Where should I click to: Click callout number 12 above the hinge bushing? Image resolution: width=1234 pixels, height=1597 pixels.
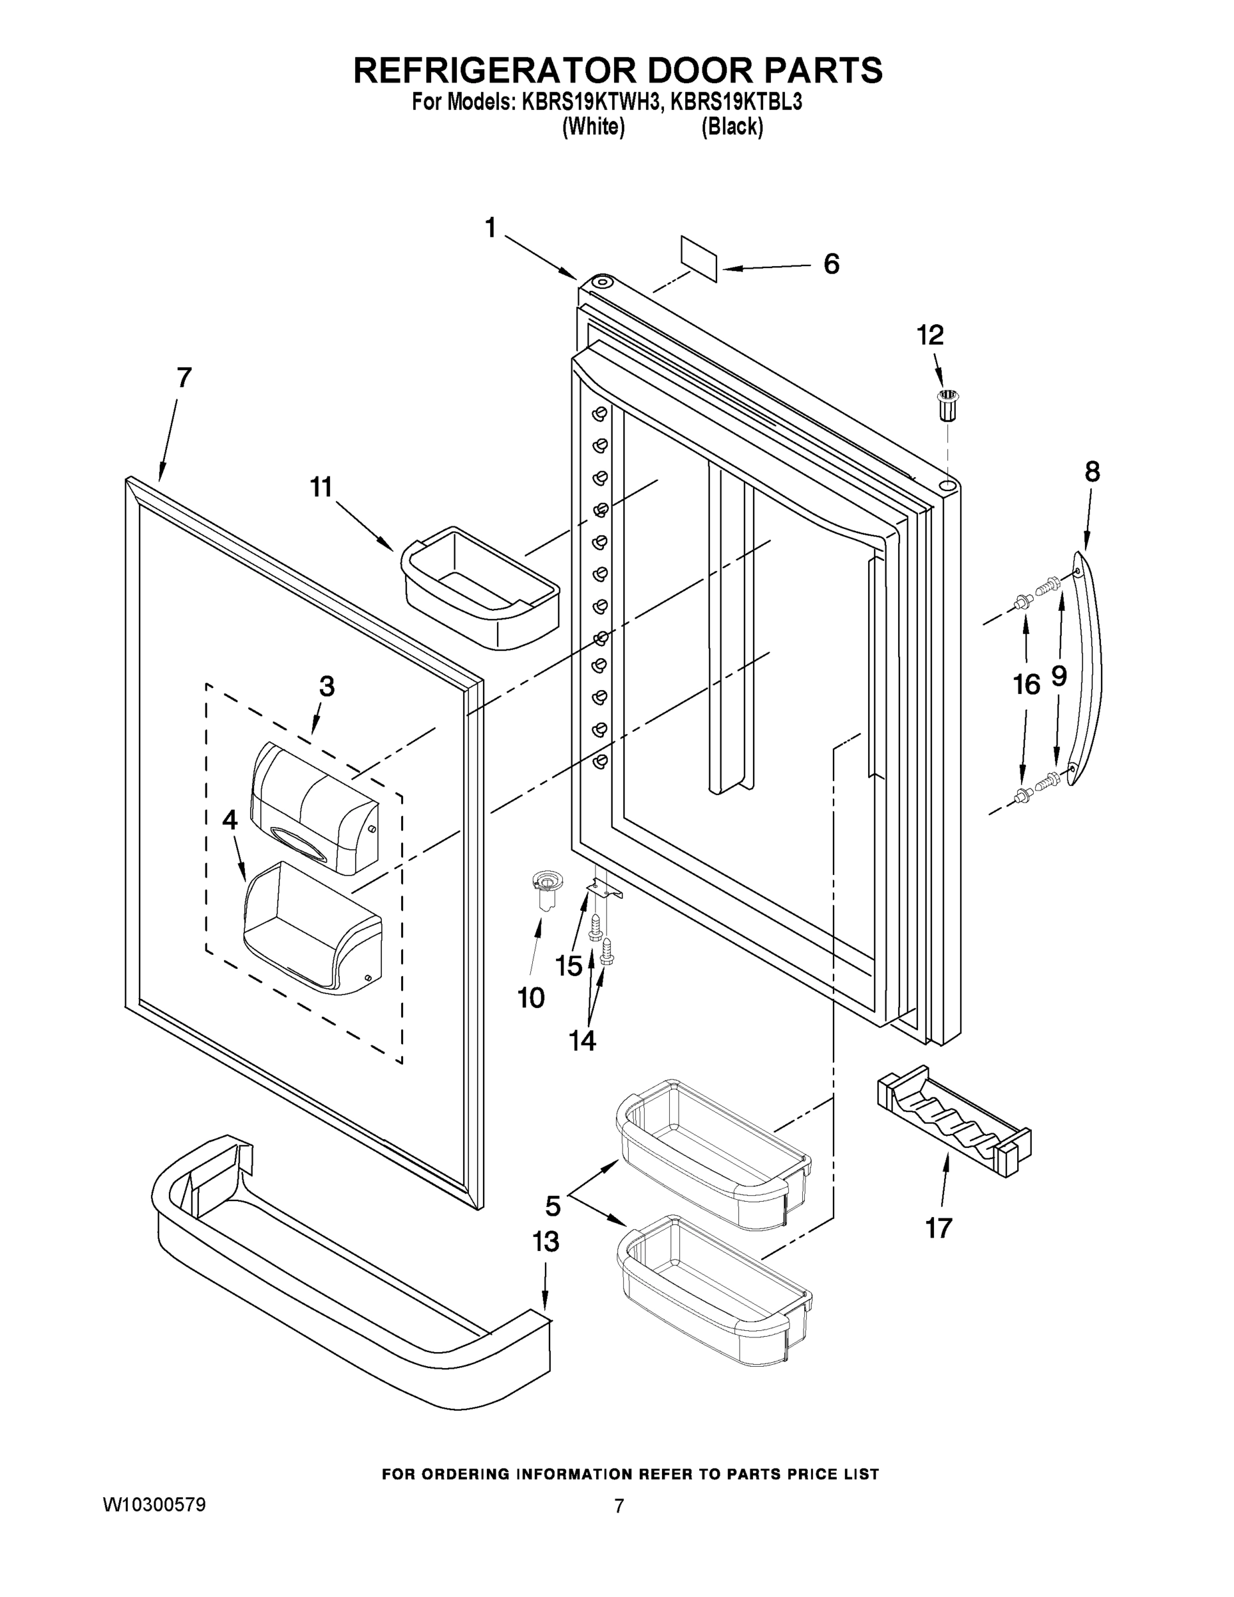coord(931,335)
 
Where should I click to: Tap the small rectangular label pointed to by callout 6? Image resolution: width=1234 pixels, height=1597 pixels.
coord(699,258)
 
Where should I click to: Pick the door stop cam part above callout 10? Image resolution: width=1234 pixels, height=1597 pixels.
coord(543,888)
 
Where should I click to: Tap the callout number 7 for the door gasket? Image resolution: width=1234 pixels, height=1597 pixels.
coord(184,378)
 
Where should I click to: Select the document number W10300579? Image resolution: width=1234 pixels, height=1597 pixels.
coord(154,1504)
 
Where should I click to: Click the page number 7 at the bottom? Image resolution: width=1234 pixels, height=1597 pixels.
coord(619,1506)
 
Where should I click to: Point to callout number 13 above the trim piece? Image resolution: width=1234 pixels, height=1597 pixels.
coord(545,1242)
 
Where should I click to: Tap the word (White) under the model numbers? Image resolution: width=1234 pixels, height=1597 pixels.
coord(593,126)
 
